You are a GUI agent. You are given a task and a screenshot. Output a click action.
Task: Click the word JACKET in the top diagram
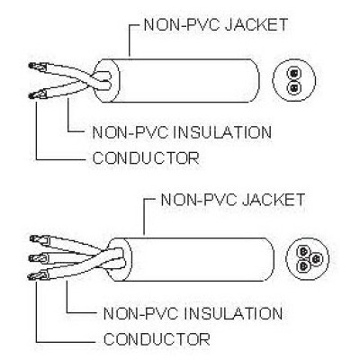point(256,25)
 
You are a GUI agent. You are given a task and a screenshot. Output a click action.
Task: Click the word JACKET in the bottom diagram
point(274,200)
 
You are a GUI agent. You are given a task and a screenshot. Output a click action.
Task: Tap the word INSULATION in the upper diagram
point(223,132)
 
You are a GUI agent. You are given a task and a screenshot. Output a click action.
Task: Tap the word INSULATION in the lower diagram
point(233,313)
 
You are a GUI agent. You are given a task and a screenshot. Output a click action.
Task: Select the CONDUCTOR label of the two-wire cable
point(146,157)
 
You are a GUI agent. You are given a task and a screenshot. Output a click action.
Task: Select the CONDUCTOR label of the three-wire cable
point(157,339)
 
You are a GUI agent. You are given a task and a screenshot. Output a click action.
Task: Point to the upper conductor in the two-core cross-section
point(293,73)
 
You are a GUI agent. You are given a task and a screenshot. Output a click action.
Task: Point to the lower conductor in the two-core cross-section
point(293,87)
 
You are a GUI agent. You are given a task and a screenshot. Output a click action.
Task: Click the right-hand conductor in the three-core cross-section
point(315,258)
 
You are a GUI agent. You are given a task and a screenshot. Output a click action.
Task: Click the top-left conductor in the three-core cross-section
point(303,251)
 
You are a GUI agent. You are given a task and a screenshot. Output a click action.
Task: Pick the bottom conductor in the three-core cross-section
point(303,265)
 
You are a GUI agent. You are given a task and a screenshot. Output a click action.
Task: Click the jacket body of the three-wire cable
point(198,259)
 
